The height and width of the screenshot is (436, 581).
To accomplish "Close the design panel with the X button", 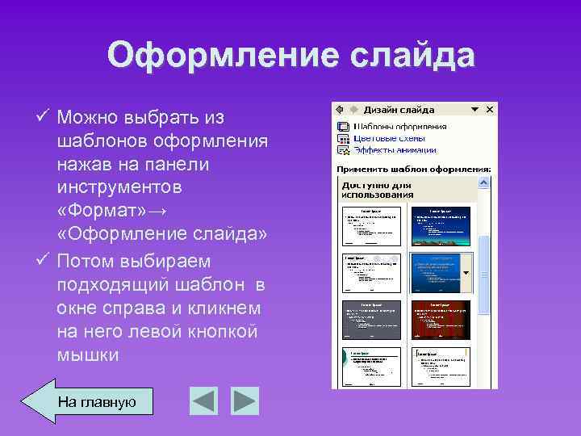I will click(491, 109).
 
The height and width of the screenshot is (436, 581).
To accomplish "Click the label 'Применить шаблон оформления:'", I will click(413, 170).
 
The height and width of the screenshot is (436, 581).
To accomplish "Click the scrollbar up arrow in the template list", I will click(484, 182).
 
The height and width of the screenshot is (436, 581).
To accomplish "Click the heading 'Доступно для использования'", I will click(377, 189).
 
